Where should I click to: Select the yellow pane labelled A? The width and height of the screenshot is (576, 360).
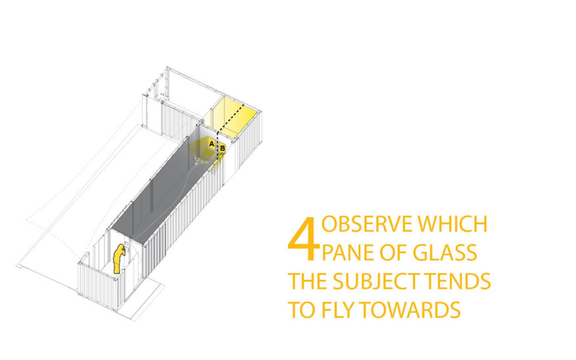click(x=212, y=144)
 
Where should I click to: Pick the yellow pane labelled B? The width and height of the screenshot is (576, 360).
click(x=222, y=148)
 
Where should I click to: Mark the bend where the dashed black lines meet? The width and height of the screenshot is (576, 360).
click(x=218, y=131)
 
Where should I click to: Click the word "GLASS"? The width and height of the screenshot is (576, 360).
click(x=445, y=252)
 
